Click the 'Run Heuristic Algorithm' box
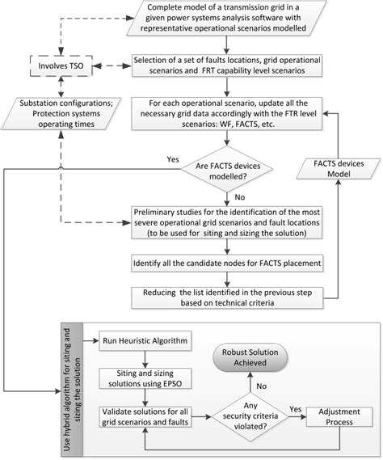pyautogui.click(x=143, y=343)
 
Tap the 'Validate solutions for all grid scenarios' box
pyautogui.click(x=144, y=416)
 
